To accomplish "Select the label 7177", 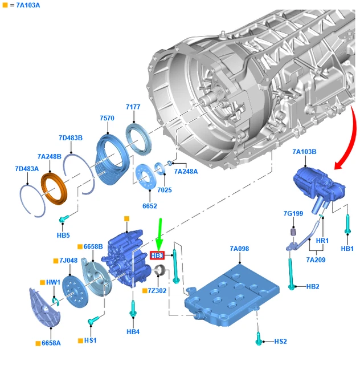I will (133, 107).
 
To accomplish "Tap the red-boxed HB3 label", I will (157, 255).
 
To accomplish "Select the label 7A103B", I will (304, 152).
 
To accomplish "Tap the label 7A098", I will (239, 249).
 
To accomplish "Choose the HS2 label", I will (280, 341).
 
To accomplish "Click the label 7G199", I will (294, 213).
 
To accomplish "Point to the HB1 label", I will (347, 249).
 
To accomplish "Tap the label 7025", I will (164, 189).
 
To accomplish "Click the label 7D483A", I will (27, 169).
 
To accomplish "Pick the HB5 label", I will (63, 235).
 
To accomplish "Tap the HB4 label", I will (133, 331).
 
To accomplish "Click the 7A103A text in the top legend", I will (28, 5).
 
